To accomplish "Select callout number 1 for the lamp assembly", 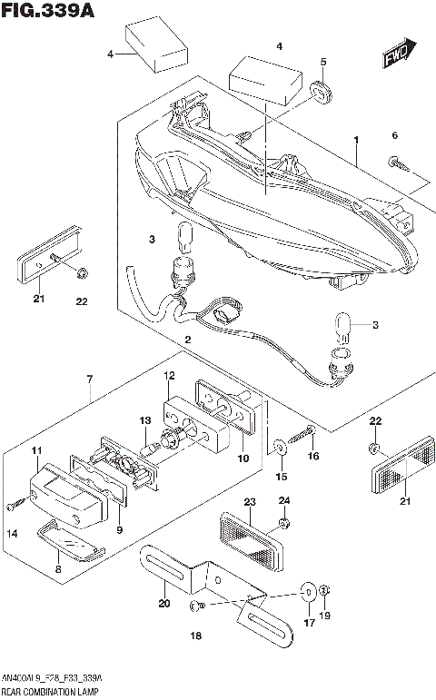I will (356, 141).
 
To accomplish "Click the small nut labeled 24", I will (283, 524).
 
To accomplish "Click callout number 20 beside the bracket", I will (164, 603).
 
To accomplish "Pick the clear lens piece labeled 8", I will (70, 542).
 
